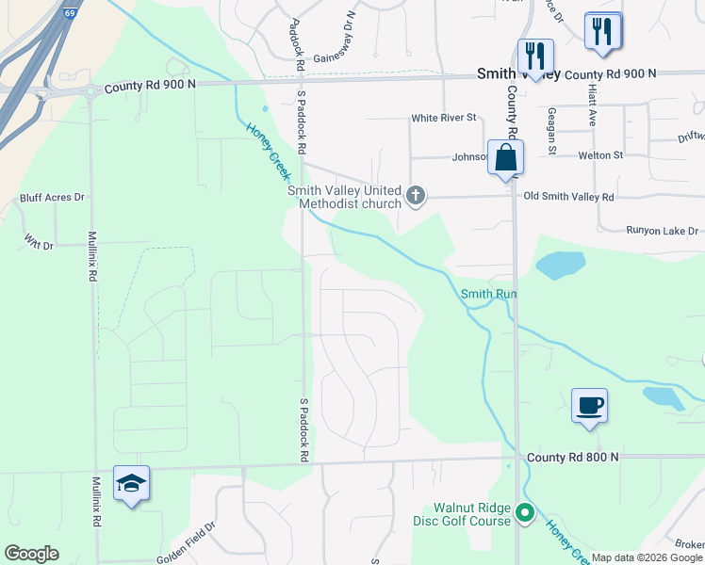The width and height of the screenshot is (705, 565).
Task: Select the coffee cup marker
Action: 589,406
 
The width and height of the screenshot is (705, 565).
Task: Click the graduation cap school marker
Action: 131,484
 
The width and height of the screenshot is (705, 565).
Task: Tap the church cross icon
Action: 416,197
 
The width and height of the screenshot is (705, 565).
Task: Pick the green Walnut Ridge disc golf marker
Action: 525,514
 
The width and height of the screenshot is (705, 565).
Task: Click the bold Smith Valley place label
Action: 517,73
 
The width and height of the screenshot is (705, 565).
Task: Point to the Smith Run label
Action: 489,294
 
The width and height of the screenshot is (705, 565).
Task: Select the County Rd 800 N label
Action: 572,457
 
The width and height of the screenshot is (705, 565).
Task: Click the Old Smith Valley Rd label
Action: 568,197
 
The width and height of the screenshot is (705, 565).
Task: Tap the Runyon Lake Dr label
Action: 663,230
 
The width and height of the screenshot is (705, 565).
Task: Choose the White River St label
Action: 444,119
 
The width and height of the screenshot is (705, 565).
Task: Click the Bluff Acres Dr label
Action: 53,198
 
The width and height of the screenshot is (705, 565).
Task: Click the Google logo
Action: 32,554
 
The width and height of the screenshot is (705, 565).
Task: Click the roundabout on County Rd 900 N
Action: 90,91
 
